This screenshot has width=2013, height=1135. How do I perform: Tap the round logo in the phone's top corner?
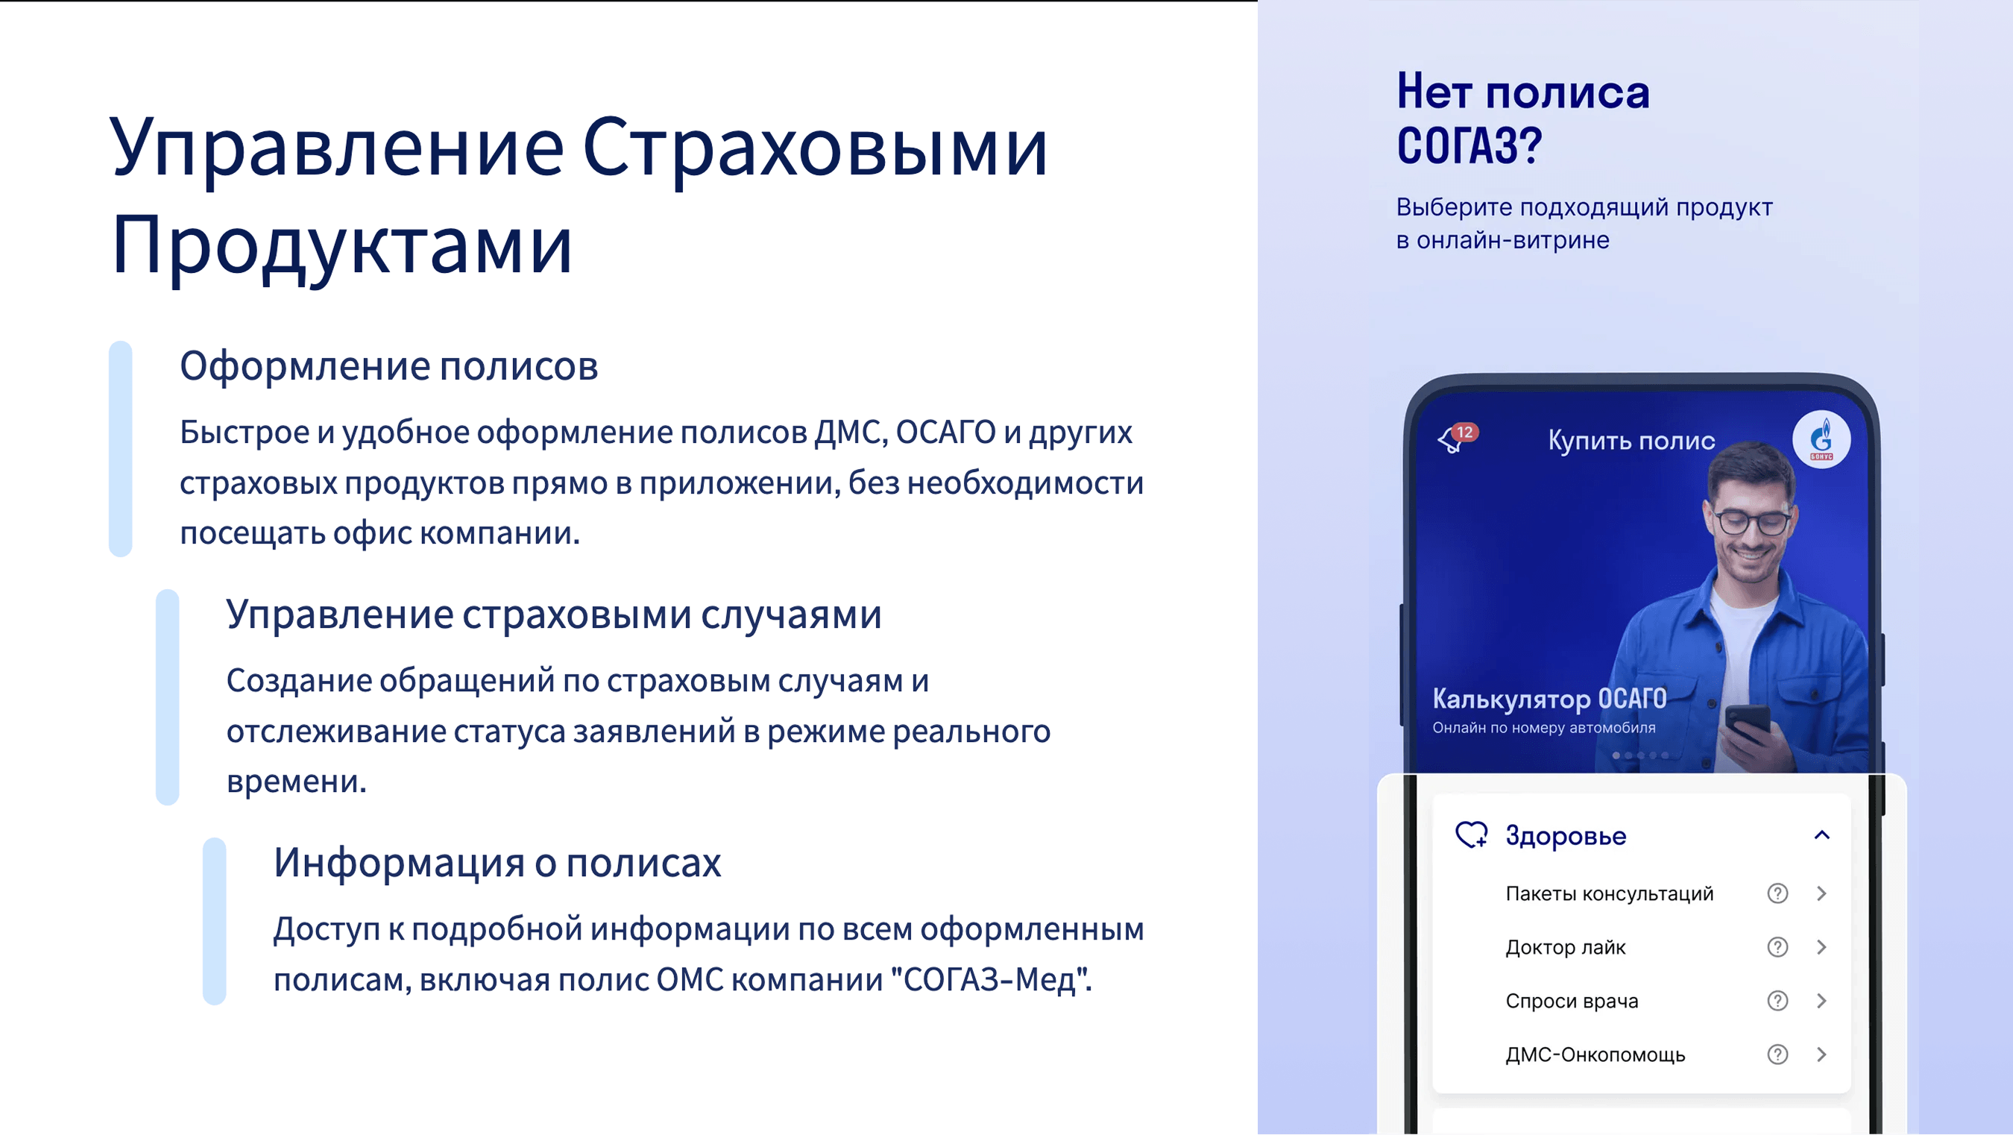coord(1821,439)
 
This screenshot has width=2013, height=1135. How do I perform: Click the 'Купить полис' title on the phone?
coord(1632,441)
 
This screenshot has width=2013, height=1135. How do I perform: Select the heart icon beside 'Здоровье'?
coord(1472,834)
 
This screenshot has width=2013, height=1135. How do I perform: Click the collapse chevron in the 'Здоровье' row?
coord(1821,834)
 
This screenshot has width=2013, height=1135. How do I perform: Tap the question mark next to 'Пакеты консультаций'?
coord(1778,893)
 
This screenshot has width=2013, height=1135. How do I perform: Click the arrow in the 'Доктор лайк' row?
coord(1821,947)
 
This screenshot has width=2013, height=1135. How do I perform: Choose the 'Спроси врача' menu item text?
coord(1572,1002)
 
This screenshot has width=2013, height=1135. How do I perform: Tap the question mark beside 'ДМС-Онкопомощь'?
coord(1778,1054)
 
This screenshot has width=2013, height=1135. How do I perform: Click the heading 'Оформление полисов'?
coord(389,367)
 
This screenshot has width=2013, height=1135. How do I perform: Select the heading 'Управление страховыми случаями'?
coord(554,615)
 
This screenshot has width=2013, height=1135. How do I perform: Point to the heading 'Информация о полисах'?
coord(497,863)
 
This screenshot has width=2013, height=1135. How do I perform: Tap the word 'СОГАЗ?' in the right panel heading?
coord(1469,146)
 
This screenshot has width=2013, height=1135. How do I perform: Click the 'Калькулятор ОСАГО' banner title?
coord(1549,699)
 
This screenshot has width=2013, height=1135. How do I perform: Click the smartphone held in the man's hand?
coord(1748,724)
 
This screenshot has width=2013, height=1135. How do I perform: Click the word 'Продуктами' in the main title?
coord(342,245)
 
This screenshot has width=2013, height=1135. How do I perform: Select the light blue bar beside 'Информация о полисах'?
coord(214,922)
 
